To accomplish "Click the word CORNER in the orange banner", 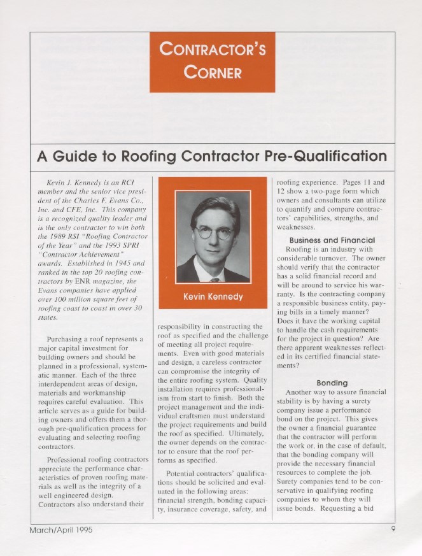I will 213,71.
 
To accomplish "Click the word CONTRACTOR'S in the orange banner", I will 213,48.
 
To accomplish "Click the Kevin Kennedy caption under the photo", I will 213,297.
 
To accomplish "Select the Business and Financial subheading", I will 332,239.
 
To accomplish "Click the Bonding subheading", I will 332,383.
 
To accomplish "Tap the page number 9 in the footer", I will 394,529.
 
